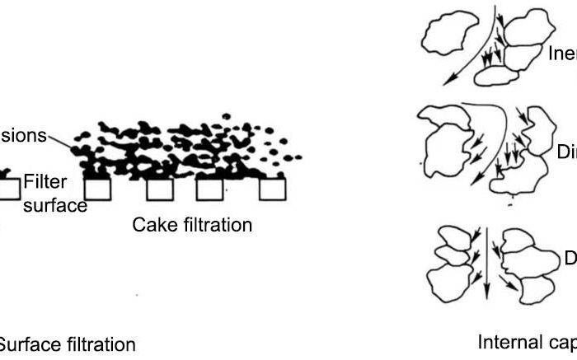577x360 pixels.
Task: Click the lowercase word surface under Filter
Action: click(x=54, y=205)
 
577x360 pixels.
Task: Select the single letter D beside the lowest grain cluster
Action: click(x=570, y=258)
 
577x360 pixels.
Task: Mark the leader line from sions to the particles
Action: click(x=61, y=141)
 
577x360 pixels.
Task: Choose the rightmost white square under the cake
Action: click(x=272, y=189)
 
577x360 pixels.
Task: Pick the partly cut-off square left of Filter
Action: click(x=8, y=189)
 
